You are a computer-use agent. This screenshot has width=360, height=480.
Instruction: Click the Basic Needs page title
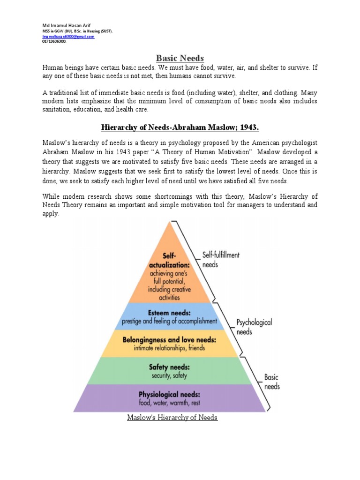coord(180,58)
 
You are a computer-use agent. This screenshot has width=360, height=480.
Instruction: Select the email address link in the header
coord(68,36)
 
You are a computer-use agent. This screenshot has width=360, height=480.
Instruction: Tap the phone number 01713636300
coord(54,41)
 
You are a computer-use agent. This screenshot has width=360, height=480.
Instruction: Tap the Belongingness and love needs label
coord(169,339)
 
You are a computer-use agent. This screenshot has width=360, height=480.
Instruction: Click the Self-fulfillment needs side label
coord(221,259)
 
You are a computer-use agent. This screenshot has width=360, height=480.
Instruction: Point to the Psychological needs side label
coord(254,327)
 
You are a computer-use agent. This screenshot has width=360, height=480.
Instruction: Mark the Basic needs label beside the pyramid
coord(272,382)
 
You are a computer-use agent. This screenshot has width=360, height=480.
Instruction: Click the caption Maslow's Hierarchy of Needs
coord(172,417)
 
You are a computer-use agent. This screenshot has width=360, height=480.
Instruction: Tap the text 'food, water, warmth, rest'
coord(169,403)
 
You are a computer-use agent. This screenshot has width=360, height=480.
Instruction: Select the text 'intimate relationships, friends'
coord(169,348)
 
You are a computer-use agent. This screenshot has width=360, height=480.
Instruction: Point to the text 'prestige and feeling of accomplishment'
coord(169,322)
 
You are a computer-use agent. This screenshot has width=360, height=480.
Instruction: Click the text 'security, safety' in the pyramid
coord(169,375)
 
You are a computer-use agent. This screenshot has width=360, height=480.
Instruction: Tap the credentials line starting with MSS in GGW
coord(77,31)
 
